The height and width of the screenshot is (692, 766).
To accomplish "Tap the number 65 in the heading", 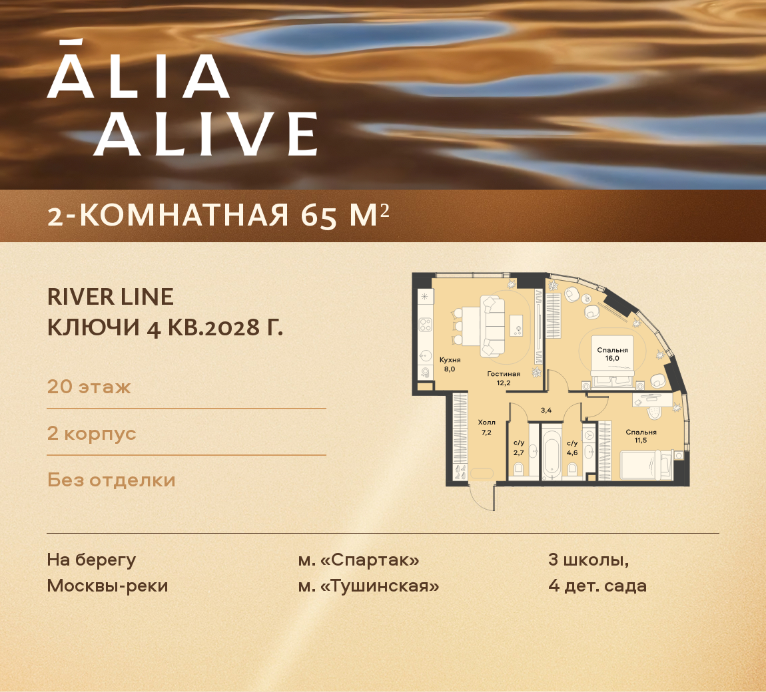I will pos(318,216).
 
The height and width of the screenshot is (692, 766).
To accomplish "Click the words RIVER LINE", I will pos(111,297).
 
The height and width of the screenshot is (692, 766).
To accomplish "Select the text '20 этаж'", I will pos(89,387).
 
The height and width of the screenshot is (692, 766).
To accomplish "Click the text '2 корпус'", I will pos(91,433).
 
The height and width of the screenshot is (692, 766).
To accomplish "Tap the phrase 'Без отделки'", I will pos(111,480).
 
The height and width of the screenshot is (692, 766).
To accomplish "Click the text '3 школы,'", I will pos(588,560).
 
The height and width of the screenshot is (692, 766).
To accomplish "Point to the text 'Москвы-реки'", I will pos(107,586).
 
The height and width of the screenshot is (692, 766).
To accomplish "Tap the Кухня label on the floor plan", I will pos(450,360).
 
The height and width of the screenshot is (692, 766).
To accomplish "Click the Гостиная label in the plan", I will pos(503,374).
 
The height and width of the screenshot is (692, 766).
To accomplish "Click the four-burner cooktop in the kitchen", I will pos(424,325).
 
